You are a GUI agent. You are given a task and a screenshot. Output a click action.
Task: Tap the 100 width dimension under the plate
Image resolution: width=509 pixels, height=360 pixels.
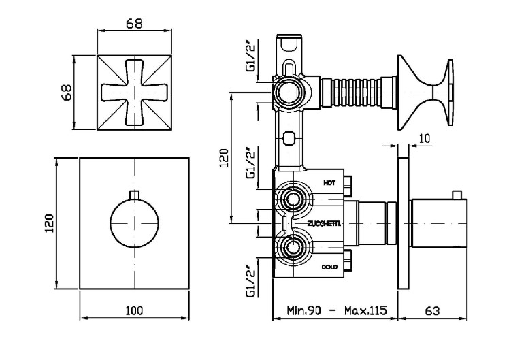(134, 310)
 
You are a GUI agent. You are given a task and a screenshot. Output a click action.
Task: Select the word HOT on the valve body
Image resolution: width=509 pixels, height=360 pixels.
(329, 182)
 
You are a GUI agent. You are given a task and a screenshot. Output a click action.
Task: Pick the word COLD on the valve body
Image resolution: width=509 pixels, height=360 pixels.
(329, 267)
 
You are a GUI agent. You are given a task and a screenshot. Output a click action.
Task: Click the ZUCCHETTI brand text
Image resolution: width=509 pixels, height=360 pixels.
(324, 224)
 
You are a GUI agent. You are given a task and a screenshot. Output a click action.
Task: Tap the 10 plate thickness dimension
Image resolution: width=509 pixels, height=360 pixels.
(424, 138)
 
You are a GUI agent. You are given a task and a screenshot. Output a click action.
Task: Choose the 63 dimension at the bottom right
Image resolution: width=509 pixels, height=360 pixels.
(433, 310)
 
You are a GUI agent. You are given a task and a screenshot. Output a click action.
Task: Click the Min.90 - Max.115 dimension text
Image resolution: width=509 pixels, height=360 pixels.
(333, 310)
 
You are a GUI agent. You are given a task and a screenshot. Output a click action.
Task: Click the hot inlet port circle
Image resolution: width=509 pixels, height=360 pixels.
(294, 199)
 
